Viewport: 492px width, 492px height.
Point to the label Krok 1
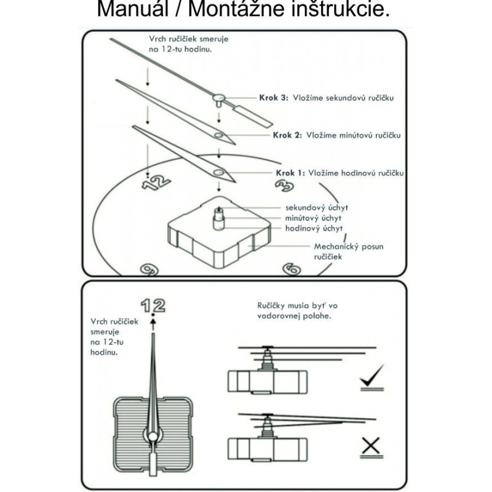click(288, 173)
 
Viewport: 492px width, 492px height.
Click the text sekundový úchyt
click(317, 208)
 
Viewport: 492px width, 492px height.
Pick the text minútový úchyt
click(314, 218)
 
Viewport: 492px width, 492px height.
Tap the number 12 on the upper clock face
click(156, 181)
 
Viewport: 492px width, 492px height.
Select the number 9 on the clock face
click(147, 269)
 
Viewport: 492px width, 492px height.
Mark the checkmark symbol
click(372, 376)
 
